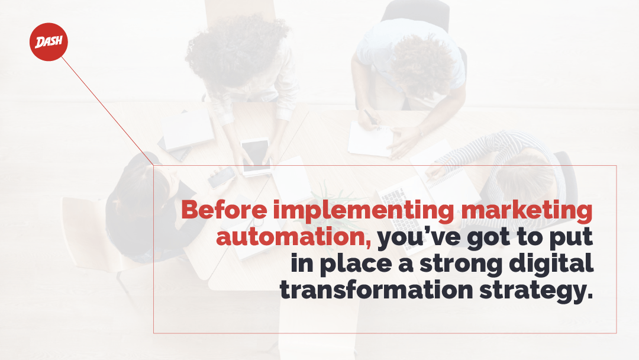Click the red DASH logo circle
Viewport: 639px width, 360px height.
pyautogui.click(x=49, y=42)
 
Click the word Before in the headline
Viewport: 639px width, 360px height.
pyautogui.click(x=224, y=210)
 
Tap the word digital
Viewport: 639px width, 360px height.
pyautogui.click(x=551, y=263)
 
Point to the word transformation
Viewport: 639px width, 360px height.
pyautogui.click(x=376, y=290)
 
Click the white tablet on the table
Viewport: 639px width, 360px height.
pyautogui.click(x=256, y=157)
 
